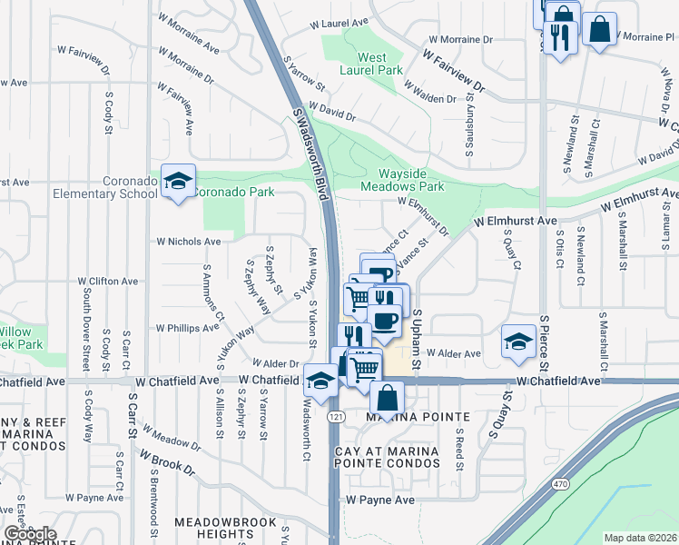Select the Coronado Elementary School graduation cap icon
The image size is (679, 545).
(179, 180)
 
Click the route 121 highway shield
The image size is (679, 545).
(337, 416)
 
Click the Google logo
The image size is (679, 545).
(30, 534)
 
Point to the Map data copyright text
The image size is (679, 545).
(640, 537)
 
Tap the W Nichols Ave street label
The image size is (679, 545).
(189, 242)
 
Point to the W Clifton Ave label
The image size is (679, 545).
(108, 282)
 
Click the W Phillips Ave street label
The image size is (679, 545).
(187, 327)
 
